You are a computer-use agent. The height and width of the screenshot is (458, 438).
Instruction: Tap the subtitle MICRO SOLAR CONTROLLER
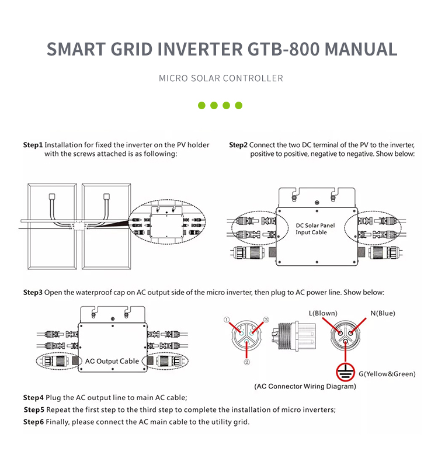221,78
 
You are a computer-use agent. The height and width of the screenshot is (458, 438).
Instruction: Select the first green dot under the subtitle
201,106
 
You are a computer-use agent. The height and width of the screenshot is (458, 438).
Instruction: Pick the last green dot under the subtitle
238,106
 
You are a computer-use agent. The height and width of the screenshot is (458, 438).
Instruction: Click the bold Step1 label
33,145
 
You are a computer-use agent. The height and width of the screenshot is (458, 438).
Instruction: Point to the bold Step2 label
238,145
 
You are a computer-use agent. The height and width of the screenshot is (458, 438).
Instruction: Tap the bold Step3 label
33,292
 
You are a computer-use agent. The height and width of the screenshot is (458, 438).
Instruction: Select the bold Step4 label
33,397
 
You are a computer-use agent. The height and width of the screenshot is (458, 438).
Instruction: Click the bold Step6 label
33,422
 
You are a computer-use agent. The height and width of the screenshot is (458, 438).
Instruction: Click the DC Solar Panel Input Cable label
315,229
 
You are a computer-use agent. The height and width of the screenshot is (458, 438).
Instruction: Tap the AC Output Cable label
112,361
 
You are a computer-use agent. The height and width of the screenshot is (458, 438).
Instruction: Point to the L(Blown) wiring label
323,313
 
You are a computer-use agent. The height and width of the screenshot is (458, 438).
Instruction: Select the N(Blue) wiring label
383,313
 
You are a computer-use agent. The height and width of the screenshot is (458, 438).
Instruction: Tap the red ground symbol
346,372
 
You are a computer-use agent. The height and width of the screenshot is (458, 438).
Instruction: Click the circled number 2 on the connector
247,362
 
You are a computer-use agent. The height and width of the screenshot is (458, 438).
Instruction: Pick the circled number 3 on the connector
266,320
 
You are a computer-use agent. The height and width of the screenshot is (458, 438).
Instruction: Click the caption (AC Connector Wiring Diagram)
305,386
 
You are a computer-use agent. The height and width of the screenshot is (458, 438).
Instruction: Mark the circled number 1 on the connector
228,320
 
